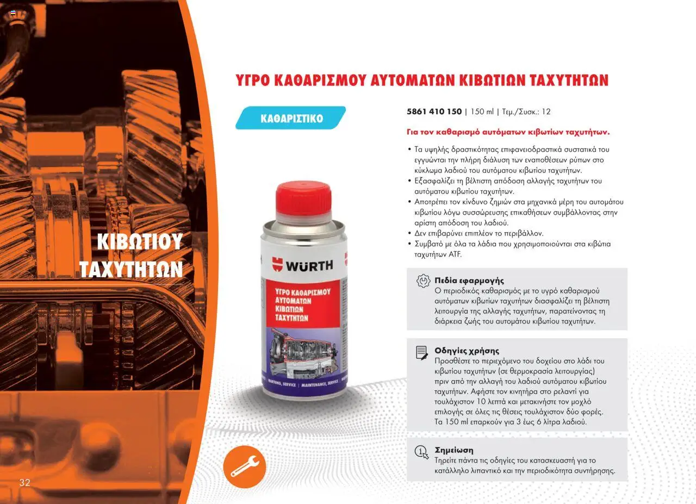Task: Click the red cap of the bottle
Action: (x=303, y=199)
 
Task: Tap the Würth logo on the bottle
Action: (x=302, y=265)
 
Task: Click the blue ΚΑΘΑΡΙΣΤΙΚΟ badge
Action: (x=290, y=118)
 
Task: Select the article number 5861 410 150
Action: (x=434, y=111)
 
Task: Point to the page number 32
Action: (x=25, y=482)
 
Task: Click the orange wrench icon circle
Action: (x=245, y=466)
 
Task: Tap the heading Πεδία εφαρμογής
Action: (x=469, y=281)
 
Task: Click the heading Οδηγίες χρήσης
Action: (x=467, y=351)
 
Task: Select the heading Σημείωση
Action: (x=454, y=450)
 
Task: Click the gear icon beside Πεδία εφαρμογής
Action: (x=423, y=281)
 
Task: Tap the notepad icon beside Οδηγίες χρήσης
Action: (x=422, y=353)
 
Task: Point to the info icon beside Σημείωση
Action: (x=421, y=452)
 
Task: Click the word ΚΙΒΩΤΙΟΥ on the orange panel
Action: (x=140, y=241)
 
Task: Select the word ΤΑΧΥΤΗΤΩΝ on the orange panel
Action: (x=131, y=269)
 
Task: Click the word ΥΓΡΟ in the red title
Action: (x=253, y=80)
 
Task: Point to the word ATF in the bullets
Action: (x=455, y=254)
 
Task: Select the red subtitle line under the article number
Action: (x=508, y=132)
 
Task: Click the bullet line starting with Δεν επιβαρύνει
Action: (x=478, y=233)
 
